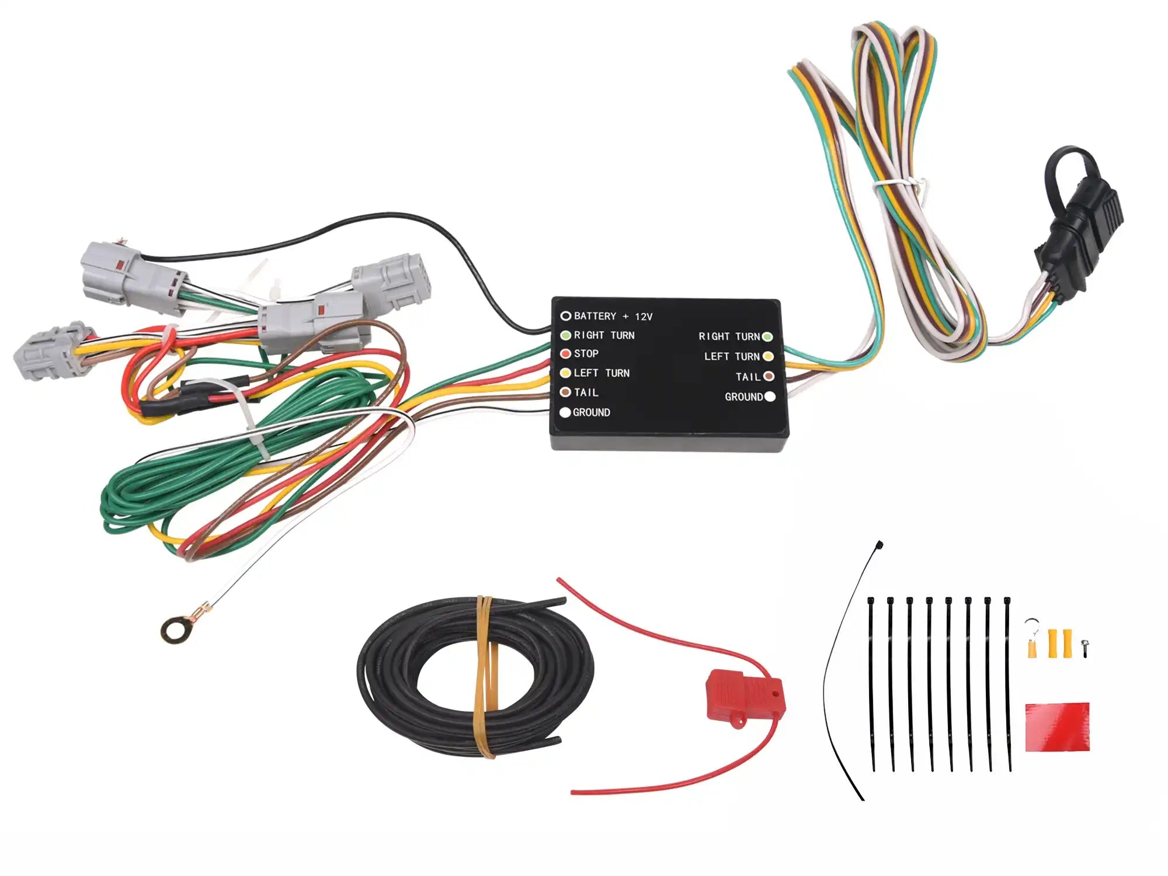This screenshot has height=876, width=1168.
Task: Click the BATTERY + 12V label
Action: (613, 316)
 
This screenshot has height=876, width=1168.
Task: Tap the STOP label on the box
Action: (586, 353)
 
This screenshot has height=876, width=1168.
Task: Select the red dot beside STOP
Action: (565, 353)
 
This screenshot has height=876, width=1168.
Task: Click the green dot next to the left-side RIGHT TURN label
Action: (565, 335)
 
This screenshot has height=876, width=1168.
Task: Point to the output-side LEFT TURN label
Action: (731, 356)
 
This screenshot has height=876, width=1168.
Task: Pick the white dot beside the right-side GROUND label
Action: (770, 397)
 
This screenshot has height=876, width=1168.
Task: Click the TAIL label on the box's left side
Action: (586, 392)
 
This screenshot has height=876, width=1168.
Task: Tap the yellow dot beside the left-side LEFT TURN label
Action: (565, 373)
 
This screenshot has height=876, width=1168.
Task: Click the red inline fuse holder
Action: (745, 697)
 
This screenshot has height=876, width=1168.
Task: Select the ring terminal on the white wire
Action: (174, 630)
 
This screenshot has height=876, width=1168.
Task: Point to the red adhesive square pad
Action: (1057, 726)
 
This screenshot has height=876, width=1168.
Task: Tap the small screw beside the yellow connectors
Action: (1084, 647)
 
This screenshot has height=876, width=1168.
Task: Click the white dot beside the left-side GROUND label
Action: (565, 412)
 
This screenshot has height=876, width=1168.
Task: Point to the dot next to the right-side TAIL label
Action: (769, 377)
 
